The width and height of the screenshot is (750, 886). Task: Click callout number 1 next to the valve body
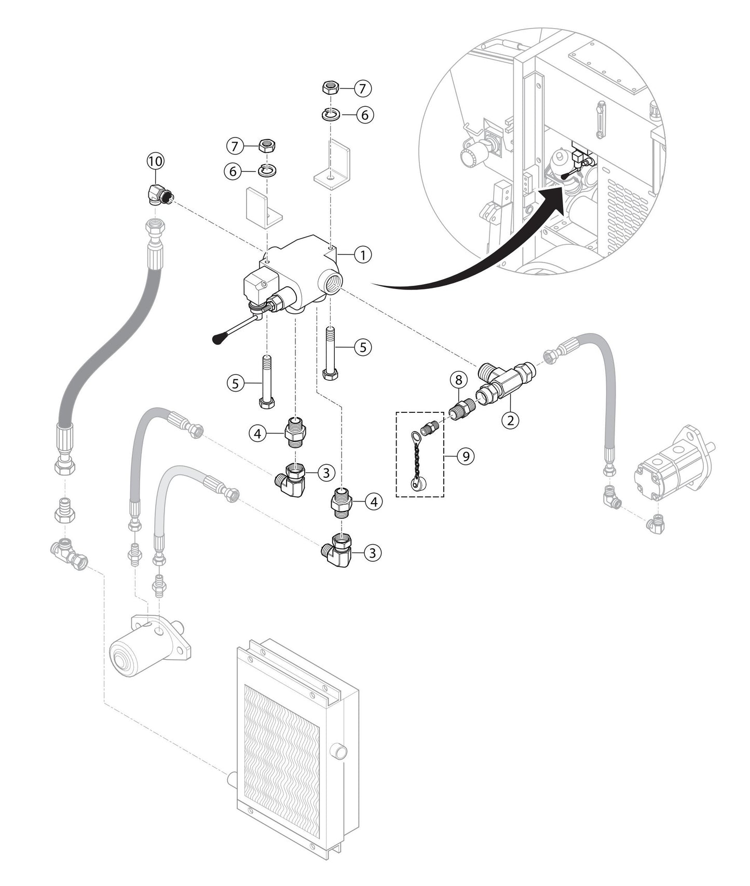363,255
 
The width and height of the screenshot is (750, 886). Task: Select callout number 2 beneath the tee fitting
510,420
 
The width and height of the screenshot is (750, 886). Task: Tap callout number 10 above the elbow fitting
155,161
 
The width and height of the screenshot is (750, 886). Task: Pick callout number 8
458,380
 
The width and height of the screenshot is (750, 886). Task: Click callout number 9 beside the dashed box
466,456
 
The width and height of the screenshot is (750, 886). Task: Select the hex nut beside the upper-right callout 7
331,87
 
